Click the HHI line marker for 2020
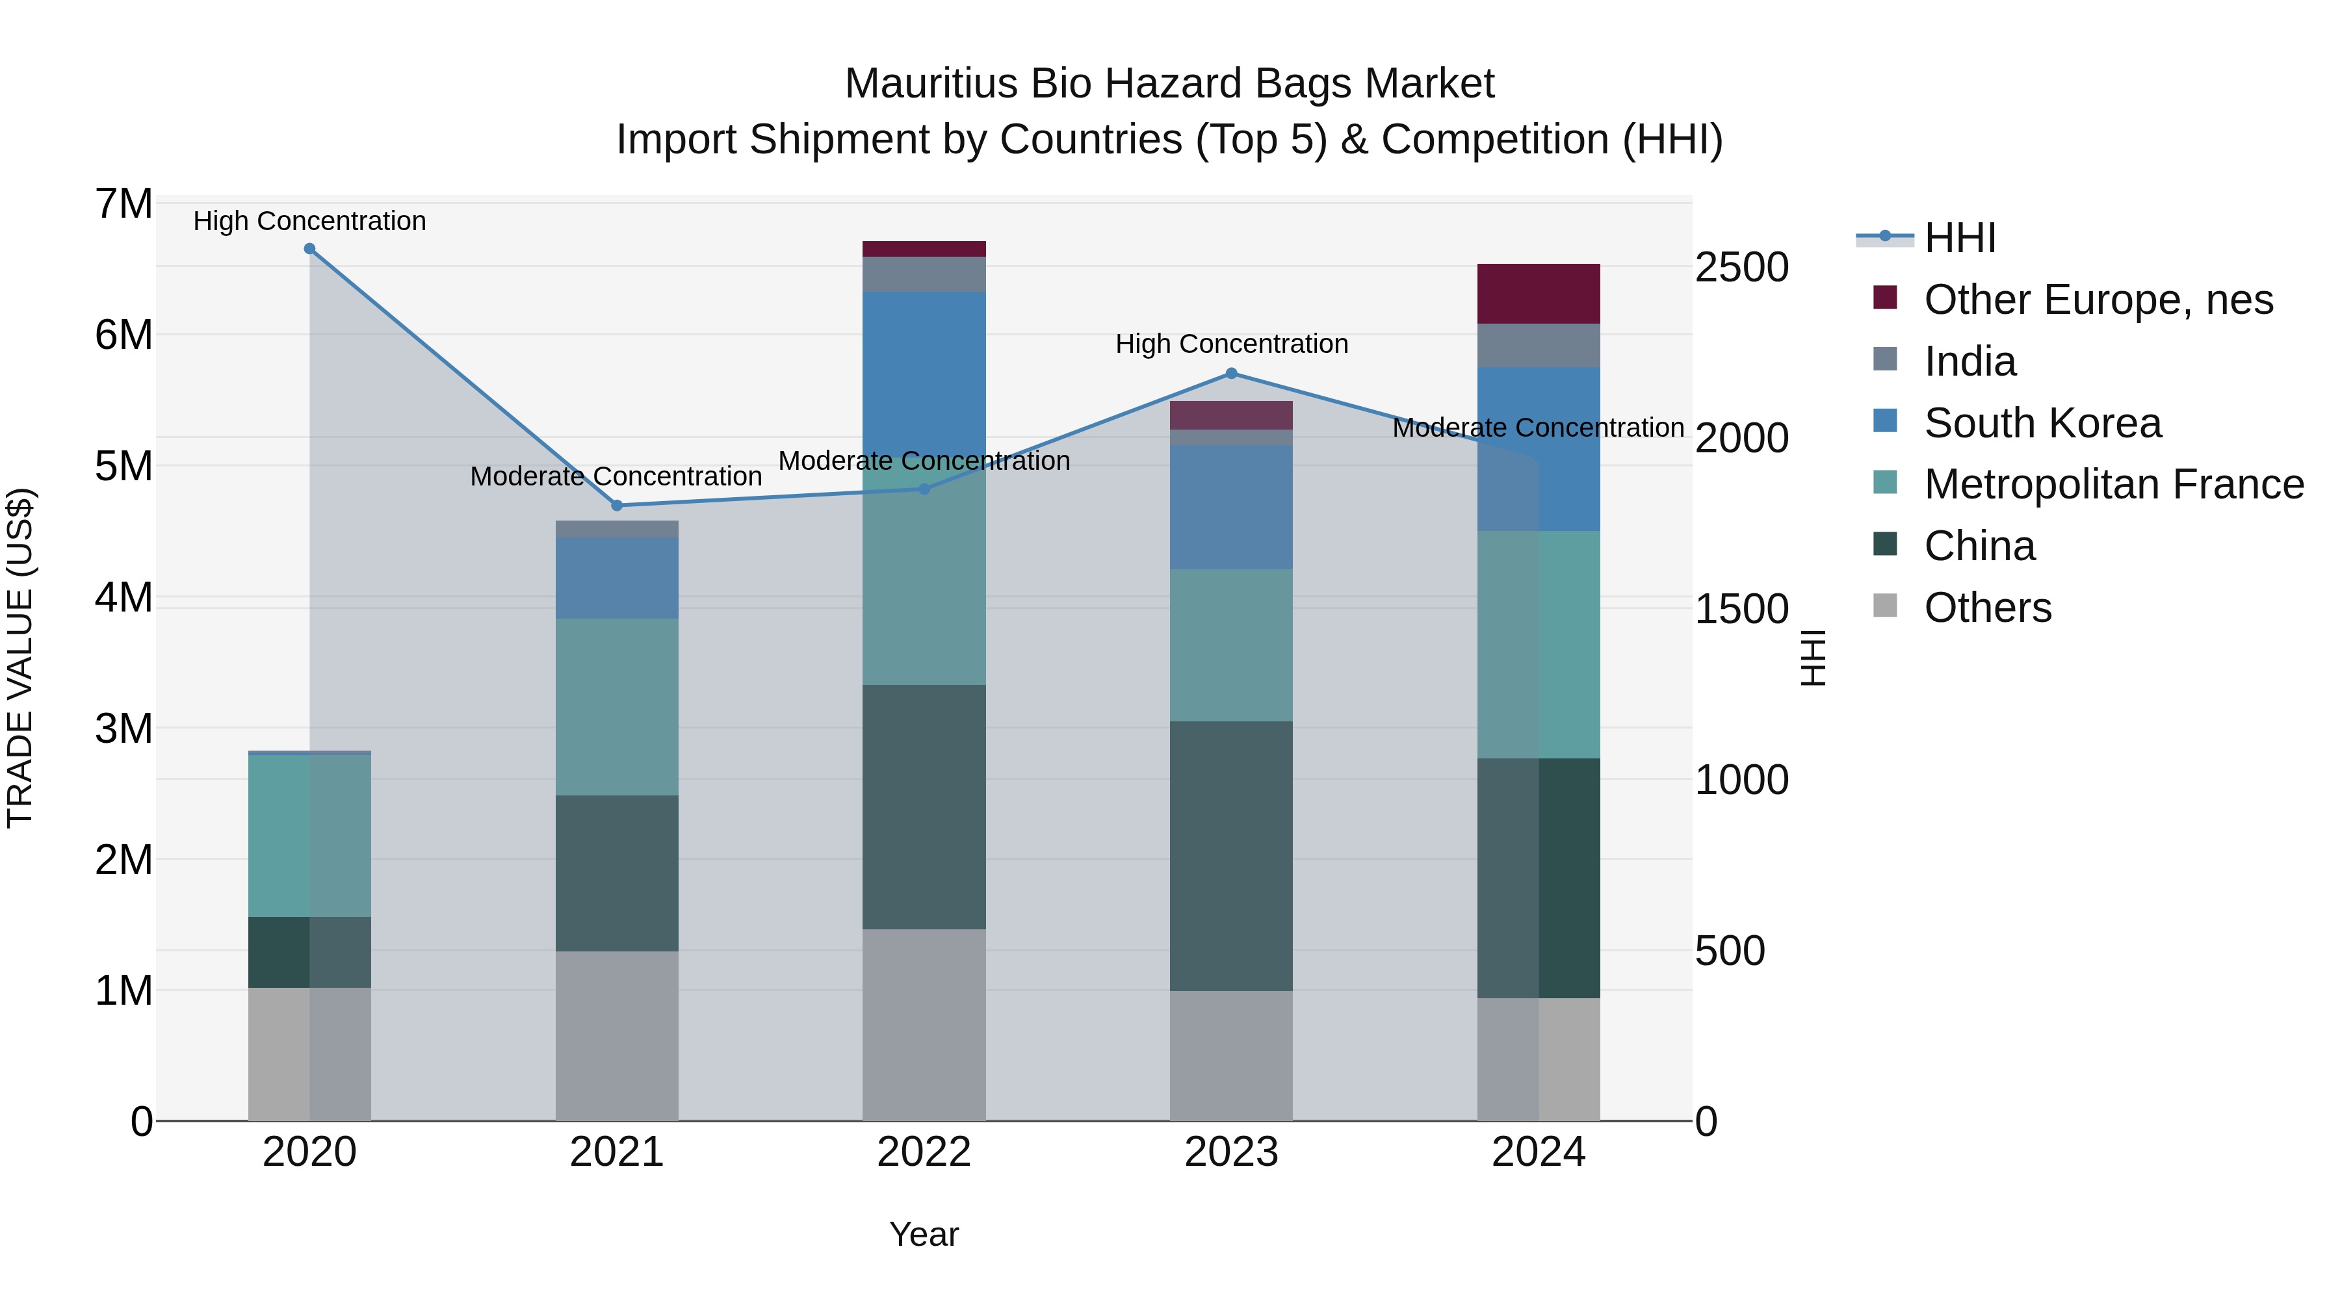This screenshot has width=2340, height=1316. tap(310, 249)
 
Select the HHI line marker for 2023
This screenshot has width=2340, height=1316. tap(1231, 373)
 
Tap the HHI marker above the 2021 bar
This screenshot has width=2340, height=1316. tap(617, 506)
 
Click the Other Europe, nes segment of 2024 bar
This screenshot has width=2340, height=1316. tap(1538, 293)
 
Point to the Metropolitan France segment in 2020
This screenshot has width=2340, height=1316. tap(310, 836)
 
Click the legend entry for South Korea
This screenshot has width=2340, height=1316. tap(2042, 423)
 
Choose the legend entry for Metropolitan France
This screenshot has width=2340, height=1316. tap(2113, 485)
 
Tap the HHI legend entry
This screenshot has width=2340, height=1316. tap(1959, 238)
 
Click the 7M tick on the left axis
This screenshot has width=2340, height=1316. tap(123, 204)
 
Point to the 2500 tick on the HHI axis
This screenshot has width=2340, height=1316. tap(1741, 268)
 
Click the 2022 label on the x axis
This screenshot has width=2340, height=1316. tap(924, 1152)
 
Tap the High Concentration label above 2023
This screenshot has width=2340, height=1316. tap(1231, 344)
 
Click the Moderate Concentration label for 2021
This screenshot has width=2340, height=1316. tap(616, 477)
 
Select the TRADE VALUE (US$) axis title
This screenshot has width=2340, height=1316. tap(20, 658)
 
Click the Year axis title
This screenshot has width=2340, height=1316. tap(924, 1234)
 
